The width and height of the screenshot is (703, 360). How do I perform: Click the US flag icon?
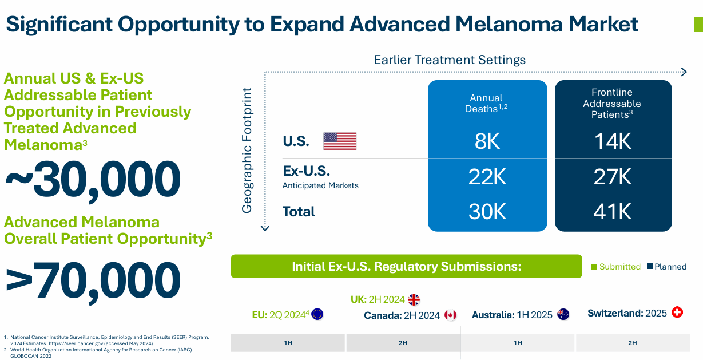[x=340, y=141]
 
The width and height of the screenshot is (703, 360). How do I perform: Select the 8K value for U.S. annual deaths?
[x=487, y=141]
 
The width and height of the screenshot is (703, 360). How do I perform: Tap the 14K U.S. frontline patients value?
[x=613, y=141]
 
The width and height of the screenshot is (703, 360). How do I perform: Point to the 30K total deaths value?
[x=487, y=212]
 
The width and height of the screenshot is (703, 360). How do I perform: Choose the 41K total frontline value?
[x=613, y=212]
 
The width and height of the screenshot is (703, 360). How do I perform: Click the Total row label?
[x=299, y=212]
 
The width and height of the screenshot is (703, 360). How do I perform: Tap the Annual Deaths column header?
[x=487, y=103]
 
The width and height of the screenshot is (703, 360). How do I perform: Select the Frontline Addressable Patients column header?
[x=612, y=103]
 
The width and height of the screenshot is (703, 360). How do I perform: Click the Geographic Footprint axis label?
[x=247, y=150]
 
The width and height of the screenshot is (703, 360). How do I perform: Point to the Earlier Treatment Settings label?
[x=450, y=60]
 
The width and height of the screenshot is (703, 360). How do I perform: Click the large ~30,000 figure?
[x=93, y=179]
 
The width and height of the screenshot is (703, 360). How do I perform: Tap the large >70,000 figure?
[x=93, y=280]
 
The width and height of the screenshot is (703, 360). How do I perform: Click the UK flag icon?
[x=414, y=299]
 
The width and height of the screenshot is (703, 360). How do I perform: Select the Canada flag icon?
[x=451, y=315]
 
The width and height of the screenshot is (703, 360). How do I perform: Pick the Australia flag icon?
[x=563, y=314]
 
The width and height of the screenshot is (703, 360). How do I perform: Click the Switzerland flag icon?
[x=677, y=312]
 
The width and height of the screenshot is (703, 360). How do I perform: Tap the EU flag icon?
[x=317, y=314]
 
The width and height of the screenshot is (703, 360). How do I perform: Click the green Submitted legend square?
[x=594, y=267]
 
